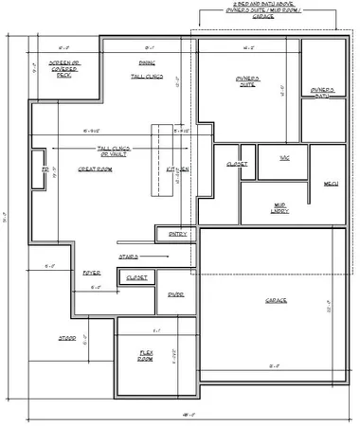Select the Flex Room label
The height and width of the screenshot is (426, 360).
(145, 357)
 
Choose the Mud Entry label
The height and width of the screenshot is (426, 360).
(280, 208)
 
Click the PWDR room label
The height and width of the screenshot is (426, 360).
(175, 294)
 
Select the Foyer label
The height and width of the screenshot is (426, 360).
(92, 272)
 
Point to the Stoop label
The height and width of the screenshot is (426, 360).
(67, 337)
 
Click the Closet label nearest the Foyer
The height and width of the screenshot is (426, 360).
(135, 276)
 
